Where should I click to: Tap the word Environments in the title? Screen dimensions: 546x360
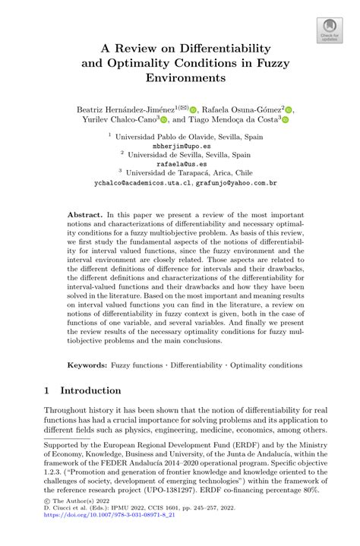(180, 78)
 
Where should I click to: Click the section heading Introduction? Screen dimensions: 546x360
(90, 391)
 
